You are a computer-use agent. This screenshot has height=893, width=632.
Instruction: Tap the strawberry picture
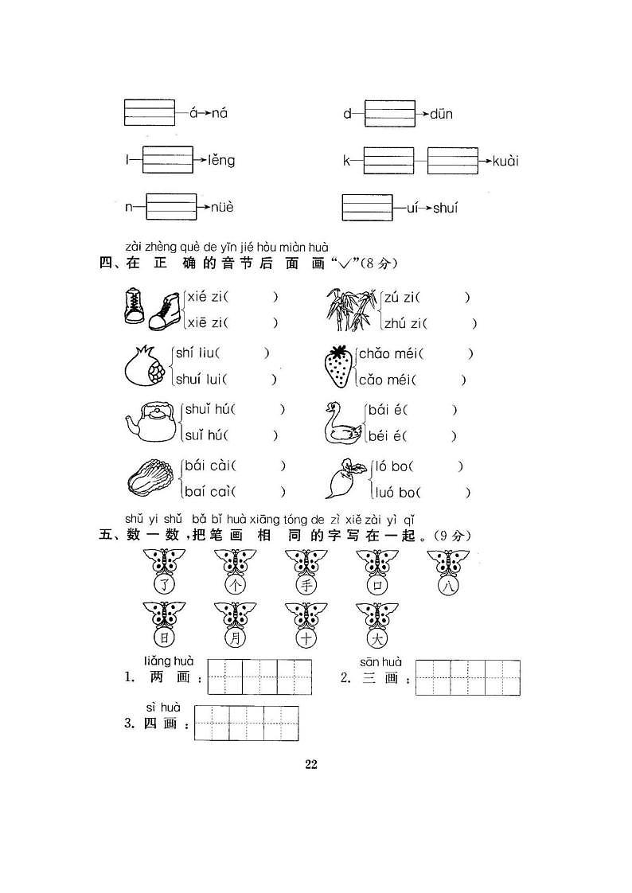coord(338,366)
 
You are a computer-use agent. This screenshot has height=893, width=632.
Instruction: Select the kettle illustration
coord(151,422)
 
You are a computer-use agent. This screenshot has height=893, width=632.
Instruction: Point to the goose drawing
coord(343,423)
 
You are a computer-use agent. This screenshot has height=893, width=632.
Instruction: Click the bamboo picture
coord(351,310)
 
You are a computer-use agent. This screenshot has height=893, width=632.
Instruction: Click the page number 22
coord(311,764)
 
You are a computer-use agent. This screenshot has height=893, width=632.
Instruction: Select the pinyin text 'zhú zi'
coord(404,323)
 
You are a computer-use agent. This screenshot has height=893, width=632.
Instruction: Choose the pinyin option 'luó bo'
coord(394,492)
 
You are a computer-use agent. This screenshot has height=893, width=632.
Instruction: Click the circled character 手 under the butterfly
coord(306,585)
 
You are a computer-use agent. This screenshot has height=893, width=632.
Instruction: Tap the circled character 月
coord(235,638)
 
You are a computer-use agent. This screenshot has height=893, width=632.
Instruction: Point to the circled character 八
coord(448,585)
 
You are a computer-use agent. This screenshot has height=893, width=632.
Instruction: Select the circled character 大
coord(377,638)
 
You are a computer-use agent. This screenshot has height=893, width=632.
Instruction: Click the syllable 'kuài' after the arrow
coord(505,162)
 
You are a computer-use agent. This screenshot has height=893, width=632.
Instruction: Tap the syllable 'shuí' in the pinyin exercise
coord(445,208)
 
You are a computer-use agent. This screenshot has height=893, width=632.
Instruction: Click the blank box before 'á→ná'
coord(150,113)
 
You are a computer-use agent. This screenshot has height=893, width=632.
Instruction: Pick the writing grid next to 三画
coord(468,678)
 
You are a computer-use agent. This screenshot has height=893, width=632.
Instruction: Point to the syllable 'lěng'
coord(221,161)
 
